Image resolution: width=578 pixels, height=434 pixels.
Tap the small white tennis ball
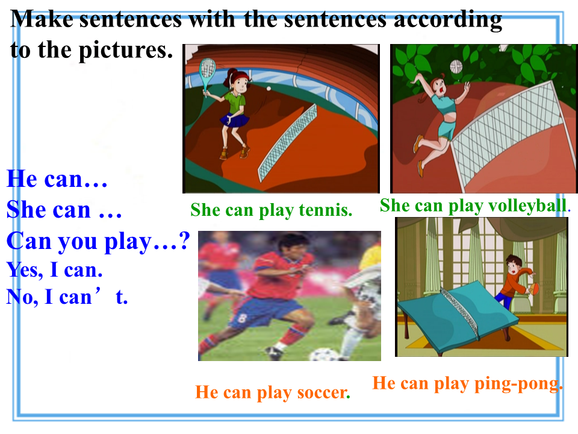pyautogui.click(x=269, y=89)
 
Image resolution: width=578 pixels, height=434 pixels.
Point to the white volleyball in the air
pyautogui.click(x=456, y=66)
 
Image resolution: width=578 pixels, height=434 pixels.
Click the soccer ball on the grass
pyautogui.click(x=323, y=355)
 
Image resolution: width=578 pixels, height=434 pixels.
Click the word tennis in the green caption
pyautogui.click(x=326, y=210)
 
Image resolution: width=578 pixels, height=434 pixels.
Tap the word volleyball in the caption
pyautogui.click(x=527, y=206)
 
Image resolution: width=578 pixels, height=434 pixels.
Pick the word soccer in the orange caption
pyautogui.click(x=323, y=392)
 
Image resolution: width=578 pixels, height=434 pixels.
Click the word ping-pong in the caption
pyautogui.click(x=517, y=384)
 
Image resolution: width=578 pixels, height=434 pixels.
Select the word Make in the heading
pyautogui.click(x=42, y=19)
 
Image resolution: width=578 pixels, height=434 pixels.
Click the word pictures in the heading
pyautogui.click(x=125, y=50)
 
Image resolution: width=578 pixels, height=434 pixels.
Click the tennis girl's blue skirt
pyautogui.click(x=234, y=119)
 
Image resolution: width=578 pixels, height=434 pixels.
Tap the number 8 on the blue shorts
pyautogui.click(x=241, y=318)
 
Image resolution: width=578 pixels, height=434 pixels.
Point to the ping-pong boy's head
pyautogui.click(x=514, y=263)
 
